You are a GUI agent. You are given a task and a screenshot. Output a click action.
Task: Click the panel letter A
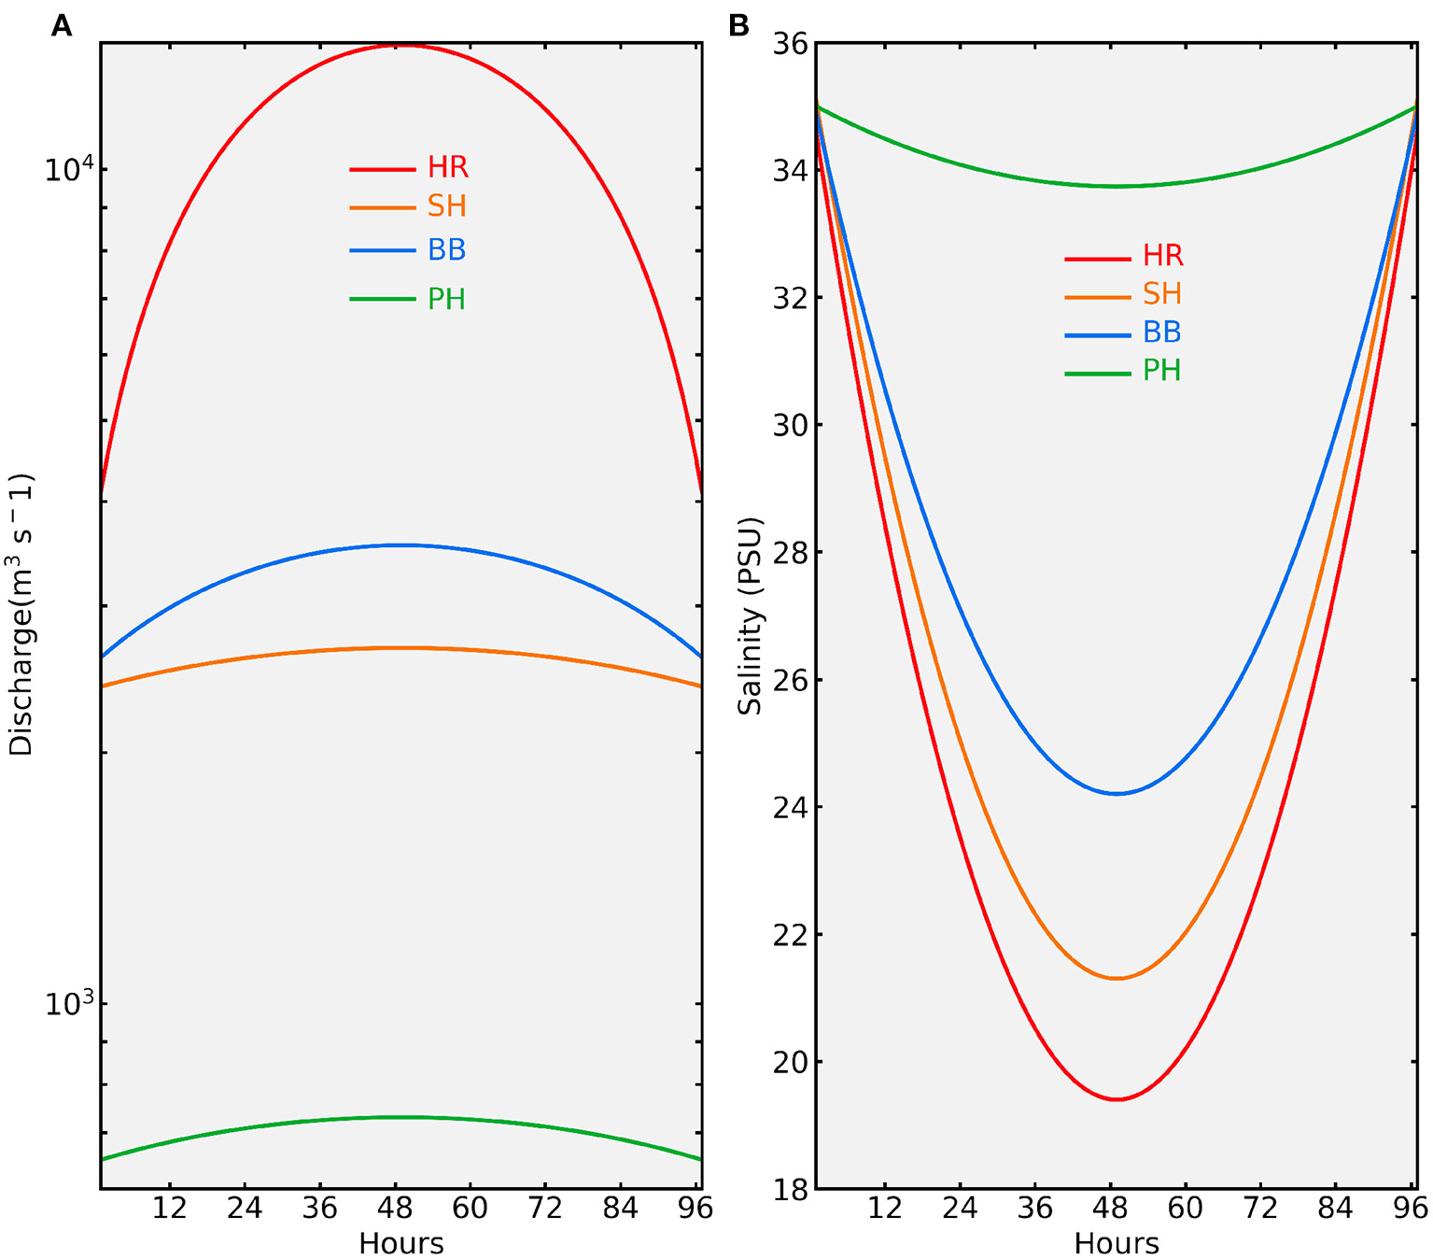click(x=62, y=26)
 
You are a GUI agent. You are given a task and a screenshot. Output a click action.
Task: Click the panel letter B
click(x=738, y=26)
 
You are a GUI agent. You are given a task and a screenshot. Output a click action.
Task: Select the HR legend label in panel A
click(x=448, y=168)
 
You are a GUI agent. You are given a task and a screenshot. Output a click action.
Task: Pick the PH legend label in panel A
click(x=446, y=300)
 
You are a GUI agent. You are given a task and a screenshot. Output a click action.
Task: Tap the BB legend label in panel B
click(x=1162, y=332)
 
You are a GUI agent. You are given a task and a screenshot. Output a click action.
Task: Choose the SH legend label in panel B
click(x=1162, y=294)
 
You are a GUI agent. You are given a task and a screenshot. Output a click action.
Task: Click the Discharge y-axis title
click(x=21, y=615)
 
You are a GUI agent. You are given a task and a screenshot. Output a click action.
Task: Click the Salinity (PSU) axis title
click(x=750, y=615)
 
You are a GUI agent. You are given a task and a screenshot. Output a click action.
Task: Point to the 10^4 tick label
click(x=69, y=169)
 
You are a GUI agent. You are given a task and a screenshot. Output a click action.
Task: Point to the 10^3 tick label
click(x=69, y=1003)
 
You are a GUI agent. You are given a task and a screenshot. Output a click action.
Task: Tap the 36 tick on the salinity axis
click(x=790, y=44)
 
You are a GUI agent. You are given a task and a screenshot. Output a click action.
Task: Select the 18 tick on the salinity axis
click(x=790, y=1189)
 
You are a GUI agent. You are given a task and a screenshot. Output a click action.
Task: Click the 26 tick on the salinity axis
click(x=790, y=680)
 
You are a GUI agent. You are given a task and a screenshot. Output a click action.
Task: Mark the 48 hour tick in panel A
click(x=395, y=1209)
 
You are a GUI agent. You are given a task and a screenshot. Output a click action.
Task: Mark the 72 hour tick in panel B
click(x=1260, y=1209)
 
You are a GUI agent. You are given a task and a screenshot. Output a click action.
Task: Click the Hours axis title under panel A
click(x=400, y=1243)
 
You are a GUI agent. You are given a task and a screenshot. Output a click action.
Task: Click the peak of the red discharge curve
click(x=400, y=45)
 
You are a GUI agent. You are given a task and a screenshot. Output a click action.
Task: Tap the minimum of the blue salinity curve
click(x=1117, y=794)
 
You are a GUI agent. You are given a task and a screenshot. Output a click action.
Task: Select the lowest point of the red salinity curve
click(x=1117, y=1099)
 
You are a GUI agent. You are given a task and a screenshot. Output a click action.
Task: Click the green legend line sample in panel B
click(x=1097, y=374)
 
